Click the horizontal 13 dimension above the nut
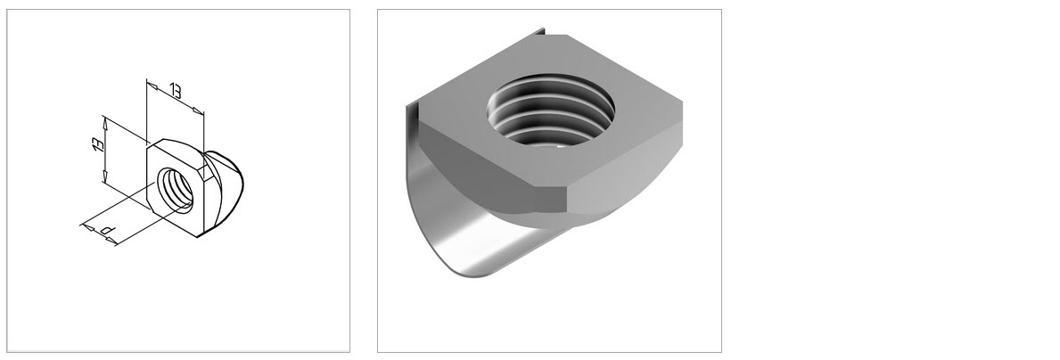(175, 91)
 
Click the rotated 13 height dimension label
(98, 143)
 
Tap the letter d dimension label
(107, 230)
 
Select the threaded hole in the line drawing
(175, 189)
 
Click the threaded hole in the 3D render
(550, 110)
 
